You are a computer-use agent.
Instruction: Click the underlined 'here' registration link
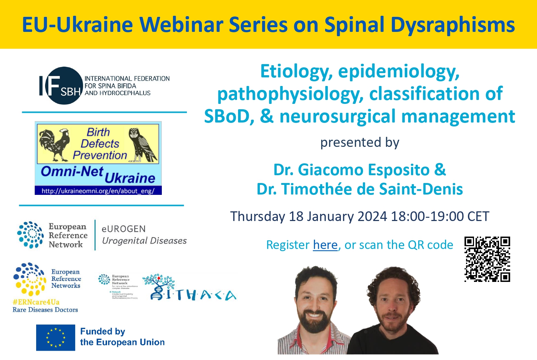click(325, 245)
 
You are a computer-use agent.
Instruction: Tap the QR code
click(487, 259)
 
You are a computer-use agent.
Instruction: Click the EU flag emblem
click(55, 337)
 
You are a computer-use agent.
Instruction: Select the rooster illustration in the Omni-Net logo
click(54, 145)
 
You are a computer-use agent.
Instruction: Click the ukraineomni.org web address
click(98, 191)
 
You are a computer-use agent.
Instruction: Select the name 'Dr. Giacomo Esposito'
click(352, 170)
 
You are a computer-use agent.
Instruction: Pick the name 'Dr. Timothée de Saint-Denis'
click(359, 189)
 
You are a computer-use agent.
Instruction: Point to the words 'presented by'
click(359, 143)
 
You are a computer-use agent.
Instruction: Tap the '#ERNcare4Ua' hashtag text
click(36, 302)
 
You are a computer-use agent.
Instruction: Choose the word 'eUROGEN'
click(124, 229)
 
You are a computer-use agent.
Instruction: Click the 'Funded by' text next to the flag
click(102, 331)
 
